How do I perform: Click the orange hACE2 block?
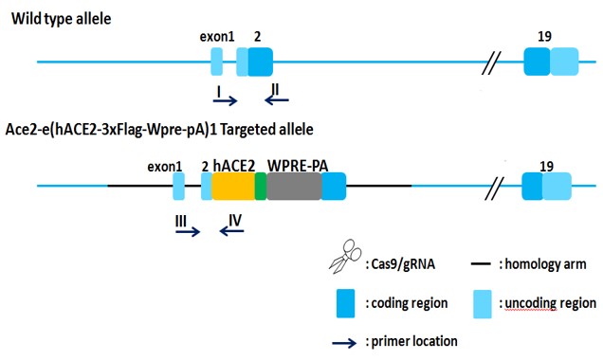point(233,186)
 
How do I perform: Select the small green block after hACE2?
point(261,186)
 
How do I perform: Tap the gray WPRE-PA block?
point(294,186)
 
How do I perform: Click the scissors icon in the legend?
point(345,257)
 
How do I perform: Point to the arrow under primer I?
point(226,100)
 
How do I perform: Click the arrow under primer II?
point(277,100)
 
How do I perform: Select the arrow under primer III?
point(188,232)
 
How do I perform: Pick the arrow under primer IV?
point(231,230)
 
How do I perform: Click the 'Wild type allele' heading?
point(62,19)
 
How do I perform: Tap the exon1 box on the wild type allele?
point(217,62)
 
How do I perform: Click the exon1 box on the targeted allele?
point(179,186)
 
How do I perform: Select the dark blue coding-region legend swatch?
point(346,303)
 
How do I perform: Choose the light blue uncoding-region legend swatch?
point(483,304)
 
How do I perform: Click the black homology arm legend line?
point(481,264)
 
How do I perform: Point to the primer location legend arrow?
point(344,343)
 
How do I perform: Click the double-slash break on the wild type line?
point(491,63)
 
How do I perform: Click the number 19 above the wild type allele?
point(544,37)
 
